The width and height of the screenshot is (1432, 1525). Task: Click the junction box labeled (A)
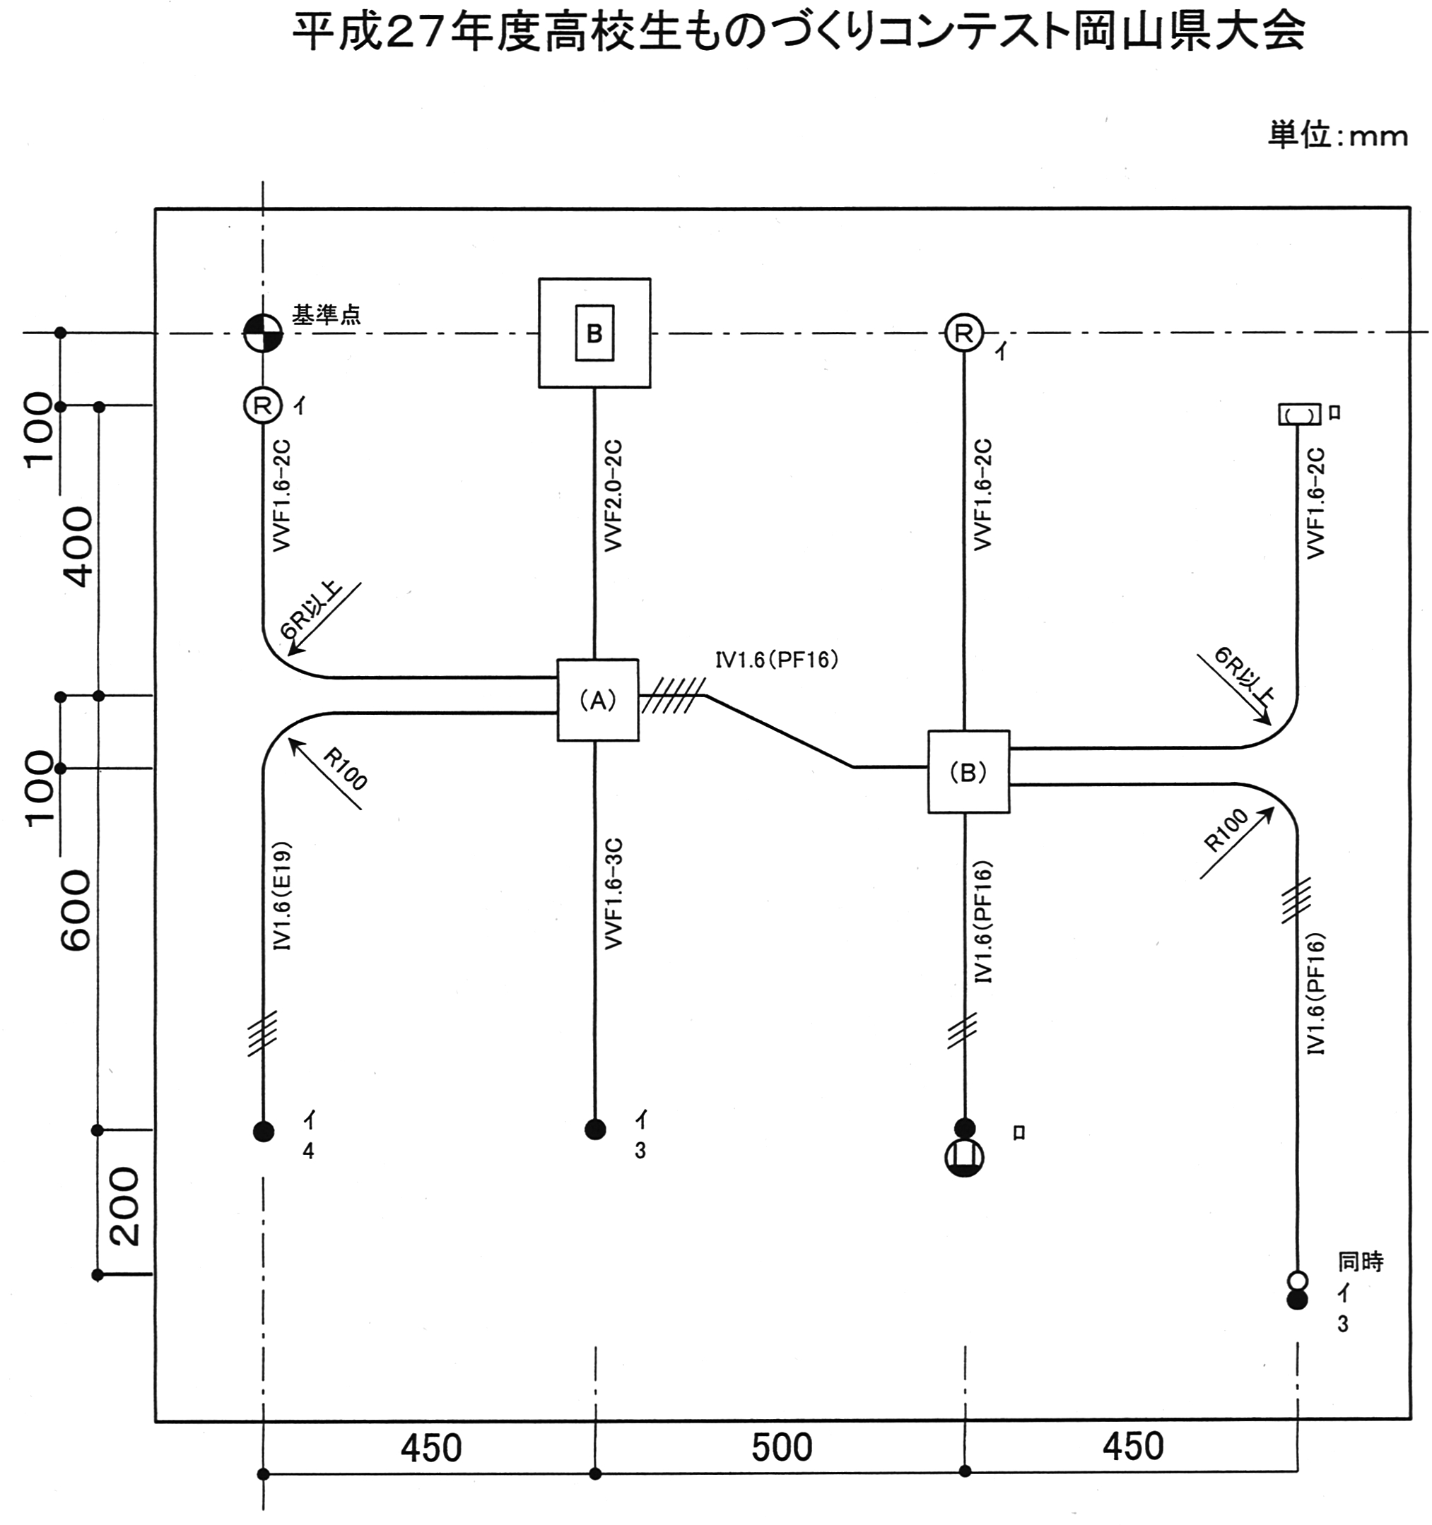pos(598,699)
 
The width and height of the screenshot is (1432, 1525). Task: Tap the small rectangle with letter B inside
pos(594,333)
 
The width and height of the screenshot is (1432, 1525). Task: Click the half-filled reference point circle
pos(263,333)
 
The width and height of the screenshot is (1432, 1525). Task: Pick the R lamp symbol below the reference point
pos(263,405)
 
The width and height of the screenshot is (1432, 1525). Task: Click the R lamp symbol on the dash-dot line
pos(965,333)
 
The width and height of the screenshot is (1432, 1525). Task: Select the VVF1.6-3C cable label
pos(614,894)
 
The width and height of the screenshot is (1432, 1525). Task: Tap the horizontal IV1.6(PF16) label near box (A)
pos(777,660)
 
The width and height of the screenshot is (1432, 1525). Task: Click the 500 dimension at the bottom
pos(781,1447)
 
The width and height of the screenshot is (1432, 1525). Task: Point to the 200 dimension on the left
pos(123,1206)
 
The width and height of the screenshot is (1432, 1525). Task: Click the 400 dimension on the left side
pos(77,546)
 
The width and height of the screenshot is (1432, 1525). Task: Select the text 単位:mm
pos(1337,136)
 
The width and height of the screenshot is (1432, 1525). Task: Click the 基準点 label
pos(326,314)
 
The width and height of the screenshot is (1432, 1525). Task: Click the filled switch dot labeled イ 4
pos(263,1131)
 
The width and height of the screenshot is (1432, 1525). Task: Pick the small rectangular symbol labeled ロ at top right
pos(1298,414)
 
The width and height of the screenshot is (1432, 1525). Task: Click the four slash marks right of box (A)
pos(673,696)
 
